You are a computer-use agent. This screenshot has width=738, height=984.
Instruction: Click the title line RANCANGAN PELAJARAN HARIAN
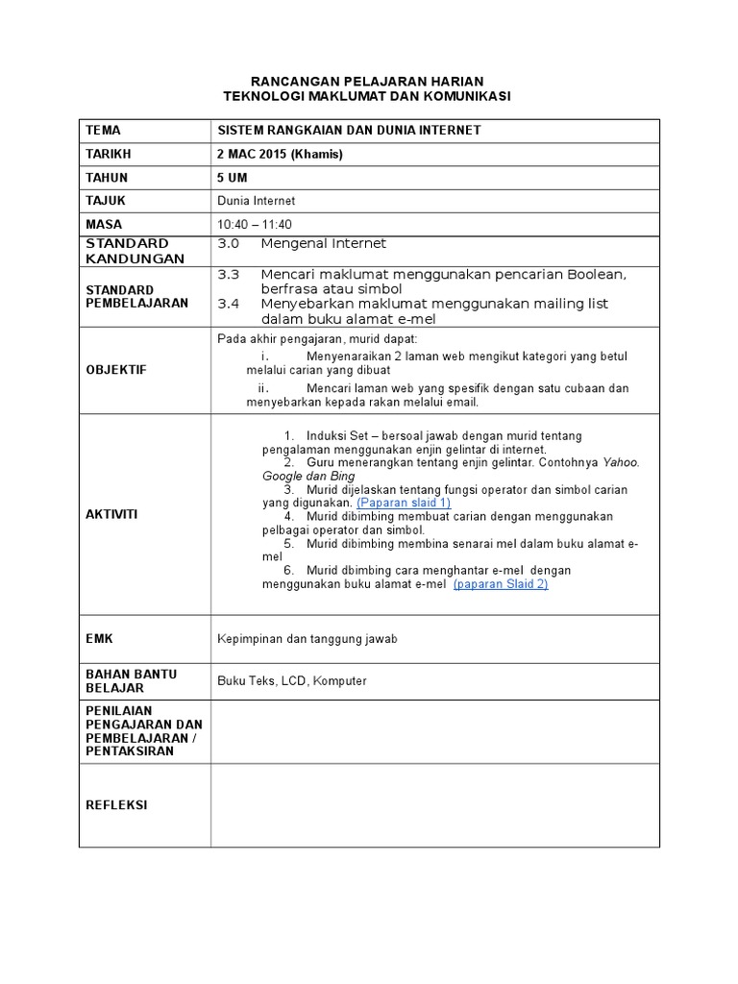coord(367,81)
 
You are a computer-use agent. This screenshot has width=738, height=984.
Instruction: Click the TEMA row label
coord(104,130)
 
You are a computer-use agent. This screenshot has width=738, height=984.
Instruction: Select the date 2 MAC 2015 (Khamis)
coord(280,154)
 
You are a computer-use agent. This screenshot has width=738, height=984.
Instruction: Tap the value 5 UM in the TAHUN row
coord(233,178)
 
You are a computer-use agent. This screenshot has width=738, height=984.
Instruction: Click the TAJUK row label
coord(106,201)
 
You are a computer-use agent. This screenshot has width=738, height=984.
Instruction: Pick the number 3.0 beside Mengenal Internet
coord(228,244)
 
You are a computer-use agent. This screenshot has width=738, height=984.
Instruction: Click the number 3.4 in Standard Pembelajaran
coord(228,304)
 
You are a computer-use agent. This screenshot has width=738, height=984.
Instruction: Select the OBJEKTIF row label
coord(116,370)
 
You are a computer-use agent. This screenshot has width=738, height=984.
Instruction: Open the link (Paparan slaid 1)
coord(404,503)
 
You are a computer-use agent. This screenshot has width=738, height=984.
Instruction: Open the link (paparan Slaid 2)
coord(500,583)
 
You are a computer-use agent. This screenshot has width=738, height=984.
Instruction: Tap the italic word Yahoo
coord(621,462)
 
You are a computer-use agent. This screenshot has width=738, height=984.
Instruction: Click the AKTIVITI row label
coord(112,514)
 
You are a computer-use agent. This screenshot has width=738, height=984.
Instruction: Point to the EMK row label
coord(99,639)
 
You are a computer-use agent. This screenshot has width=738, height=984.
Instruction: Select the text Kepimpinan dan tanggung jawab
coord(307,639)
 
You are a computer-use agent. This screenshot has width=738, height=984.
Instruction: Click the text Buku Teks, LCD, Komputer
coord(292,681)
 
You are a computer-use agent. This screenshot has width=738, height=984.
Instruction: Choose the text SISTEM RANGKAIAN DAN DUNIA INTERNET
coord(350,130)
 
